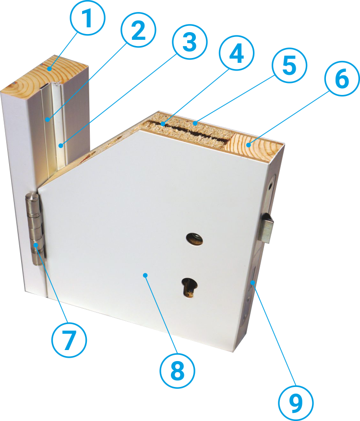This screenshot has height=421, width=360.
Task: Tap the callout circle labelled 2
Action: click(x=138, y=30)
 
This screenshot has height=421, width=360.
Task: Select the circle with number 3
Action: click(x=190, y=42)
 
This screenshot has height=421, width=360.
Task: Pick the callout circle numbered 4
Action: click(x=237, y=53)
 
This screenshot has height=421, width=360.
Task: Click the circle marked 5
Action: click(x=289, y=65)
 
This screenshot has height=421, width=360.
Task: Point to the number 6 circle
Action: click(x=342, y=79)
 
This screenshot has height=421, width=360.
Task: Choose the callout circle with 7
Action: click(x=69, y=340)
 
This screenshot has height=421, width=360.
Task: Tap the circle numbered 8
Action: click(x=178, y=371)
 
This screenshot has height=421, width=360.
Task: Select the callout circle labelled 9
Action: click(x=296, y=403)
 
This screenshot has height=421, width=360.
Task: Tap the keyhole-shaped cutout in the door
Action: click(x=189, y=288)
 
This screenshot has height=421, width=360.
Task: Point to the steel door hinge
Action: click(x=35, y=229)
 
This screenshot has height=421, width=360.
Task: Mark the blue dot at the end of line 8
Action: click(x=145, y=275)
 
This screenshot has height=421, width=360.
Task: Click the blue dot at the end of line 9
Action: click(x=252, y=282)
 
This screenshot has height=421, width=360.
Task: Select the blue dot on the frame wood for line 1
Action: click(x=49, y=69)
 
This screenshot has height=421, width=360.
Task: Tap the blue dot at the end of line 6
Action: click(x=249, y=145)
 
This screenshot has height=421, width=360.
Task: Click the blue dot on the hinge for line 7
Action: click(x=36, y=245)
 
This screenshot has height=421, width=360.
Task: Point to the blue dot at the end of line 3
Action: click(x=61, y=146)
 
